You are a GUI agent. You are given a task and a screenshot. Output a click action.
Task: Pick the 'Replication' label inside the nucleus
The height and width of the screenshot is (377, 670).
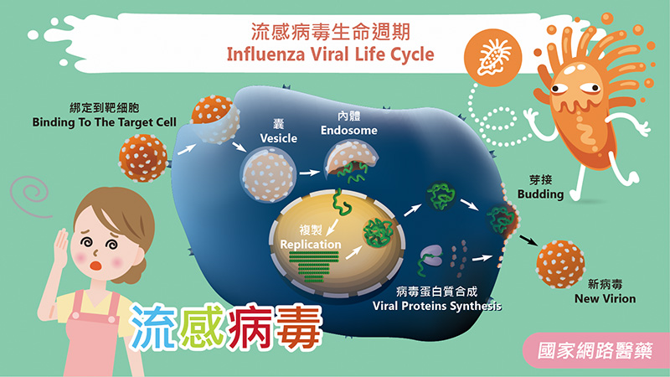[312, 244]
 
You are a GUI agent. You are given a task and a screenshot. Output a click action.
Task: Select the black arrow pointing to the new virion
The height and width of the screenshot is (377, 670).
[526, 240]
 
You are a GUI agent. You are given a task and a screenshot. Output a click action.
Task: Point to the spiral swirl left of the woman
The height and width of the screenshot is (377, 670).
[33, 195]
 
